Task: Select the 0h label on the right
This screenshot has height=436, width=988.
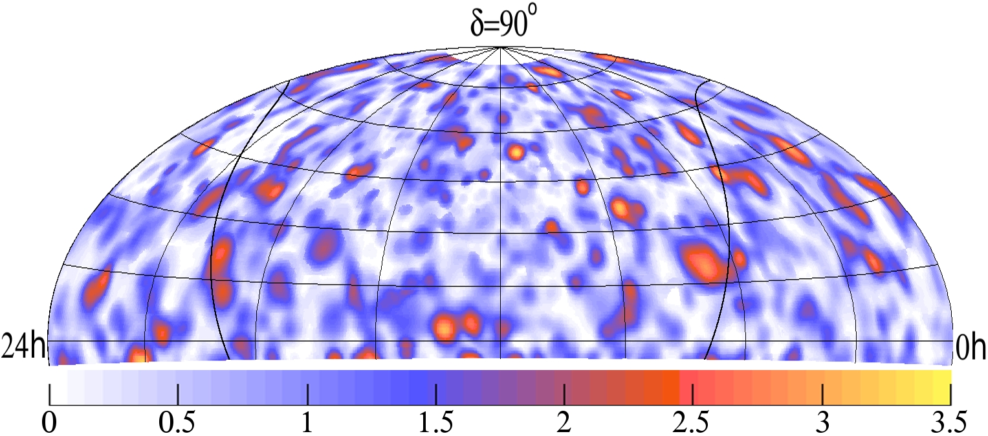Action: [970, 350]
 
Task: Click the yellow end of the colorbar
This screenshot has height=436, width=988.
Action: [945, 377]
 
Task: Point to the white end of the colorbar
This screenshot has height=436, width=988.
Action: [56, 377]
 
